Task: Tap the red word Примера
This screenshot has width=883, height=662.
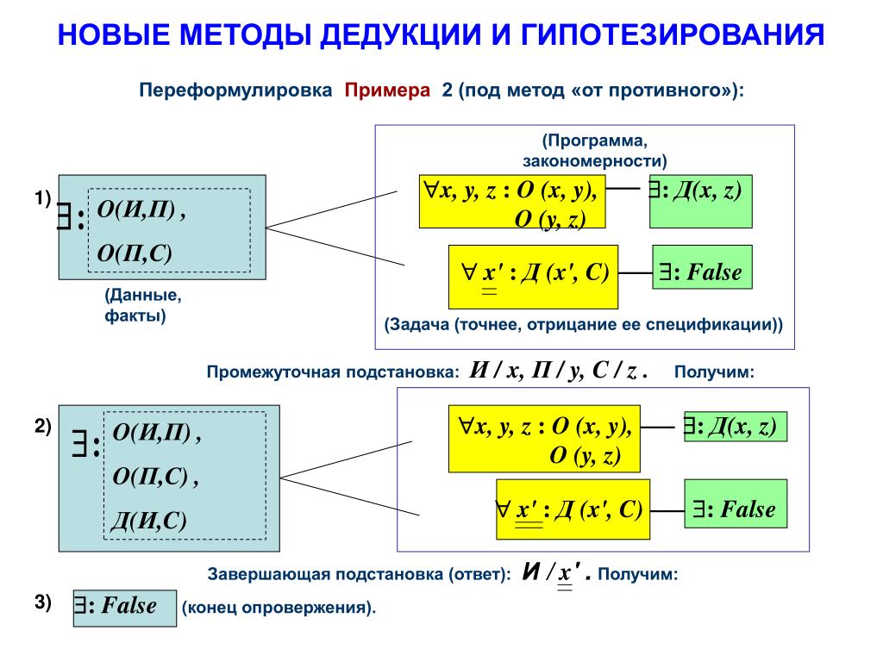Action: point(388,91)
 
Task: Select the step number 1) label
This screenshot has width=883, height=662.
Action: point(43,198)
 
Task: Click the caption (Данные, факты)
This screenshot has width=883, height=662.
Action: point(143,306)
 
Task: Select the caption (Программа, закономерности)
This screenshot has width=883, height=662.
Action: point(594,150)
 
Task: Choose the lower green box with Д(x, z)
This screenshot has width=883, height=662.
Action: point(736,427)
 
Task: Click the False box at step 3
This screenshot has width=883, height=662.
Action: point(123,607)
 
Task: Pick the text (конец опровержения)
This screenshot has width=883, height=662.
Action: point(279,608)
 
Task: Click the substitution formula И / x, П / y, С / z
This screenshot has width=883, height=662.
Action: point(559,371)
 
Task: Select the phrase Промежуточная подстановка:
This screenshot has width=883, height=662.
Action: point(333,372)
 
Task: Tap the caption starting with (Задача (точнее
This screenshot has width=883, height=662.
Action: point(584,326)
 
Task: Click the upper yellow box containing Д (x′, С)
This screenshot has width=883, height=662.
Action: point(533,276)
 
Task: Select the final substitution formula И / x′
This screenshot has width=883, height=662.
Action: point(557,573)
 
